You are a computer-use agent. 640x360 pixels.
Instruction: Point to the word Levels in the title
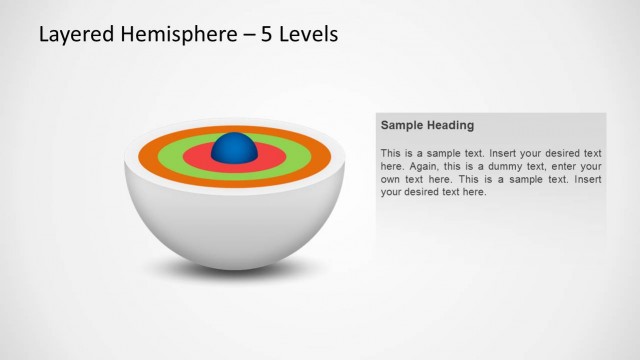pyautogui.click(x=309, y=34)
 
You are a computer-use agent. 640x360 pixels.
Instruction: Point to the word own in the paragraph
pyautogui.click(x=391, y=179)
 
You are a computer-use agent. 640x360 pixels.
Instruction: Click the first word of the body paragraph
pyautogui.click(x=391, y=153)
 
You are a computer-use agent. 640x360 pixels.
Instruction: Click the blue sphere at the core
pyautogui.click(x=235, y=148)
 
